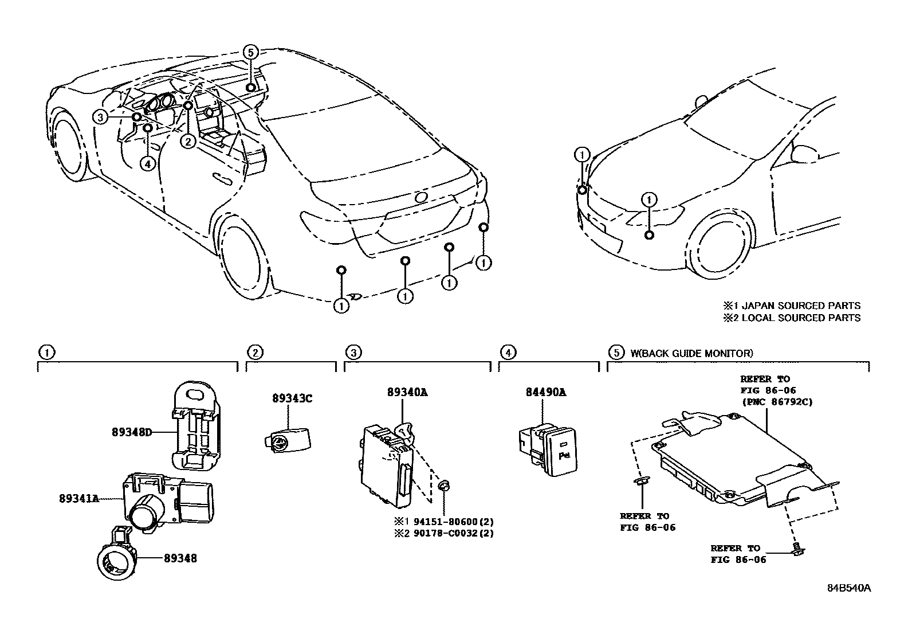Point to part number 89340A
click(407, 392)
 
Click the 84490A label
click(545, 392)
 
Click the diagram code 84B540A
click(848, 588)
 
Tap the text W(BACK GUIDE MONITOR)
click(691, 353)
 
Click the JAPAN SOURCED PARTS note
click(800, 306)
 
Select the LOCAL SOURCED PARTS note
click(800, 318)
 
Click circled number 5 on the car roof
click(250, 52)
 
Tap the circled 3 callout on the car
click(100, 117)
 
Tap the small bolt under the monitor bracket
click(797, 551)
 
